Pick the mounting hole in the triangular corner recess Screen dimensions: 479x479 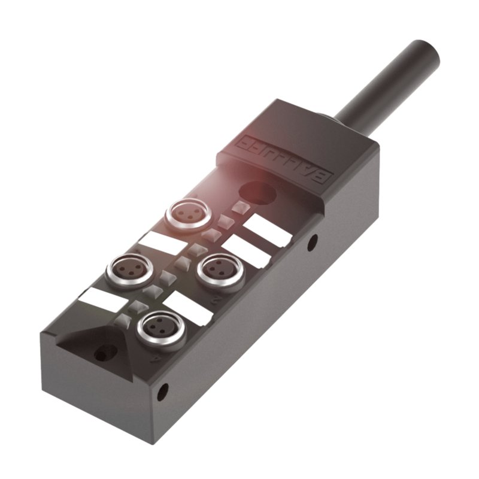coord(100,354)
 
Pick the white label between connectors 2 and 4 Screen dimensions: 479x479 coord(189,308)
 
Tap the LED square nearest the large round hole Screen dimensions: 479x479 coord(240,207)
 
